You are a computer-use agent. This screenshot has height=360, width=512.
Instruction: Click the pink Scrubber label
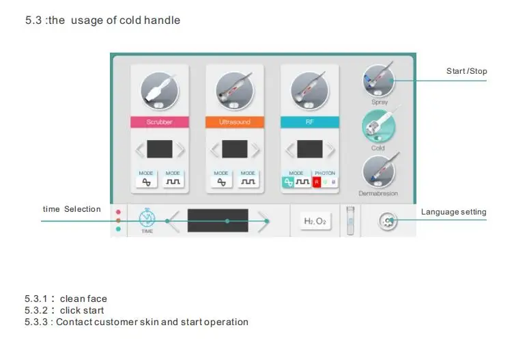[159, 122]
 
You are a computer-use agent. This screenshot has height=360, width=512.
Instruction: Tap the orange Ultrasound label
[234, 122]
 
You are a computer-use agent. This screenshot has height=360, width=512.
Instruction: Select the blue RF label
[309, 122]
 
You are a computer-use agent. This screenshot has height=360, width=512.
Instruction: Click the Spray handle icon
[378, 81]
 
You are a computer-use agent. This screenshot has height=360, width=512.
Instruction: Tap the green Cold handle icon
[378, 126]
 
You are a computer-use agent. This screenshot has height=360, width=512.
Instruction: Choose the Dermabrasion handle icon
[378, 171]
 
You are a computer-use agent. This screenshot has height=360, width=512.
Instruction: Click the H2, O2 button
[315, 221]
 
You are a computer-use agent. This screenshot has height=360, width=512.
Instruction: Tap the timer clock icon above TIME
[147, 218]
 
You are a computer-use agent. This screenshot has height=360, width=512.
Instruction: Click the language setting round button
[388, 221]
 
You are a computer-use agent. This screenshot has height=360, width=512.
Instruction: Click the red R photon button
[316, 182]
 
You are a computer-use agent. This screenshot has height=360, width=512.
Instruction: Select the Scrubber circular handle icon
[159, 91]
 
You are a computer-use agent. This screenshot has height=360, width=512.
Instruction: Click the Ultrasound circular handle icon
[234, 91]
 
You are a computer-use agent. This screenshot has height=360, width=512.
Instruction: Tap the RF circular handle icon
[309, 91]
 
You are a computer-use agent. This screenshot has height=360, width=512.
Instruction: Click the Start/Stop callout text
[466, 71]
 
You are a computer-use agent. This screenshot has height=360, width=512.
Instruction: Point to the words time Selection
[72, 209]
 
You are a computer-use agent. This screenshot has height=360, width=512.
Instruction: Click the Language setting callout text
[453, 212]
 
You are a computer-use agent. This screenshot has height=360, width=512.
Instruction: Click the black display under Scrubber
[160, 149]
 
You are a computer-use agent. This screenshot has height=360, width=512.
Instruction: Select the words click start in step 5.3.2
[82, 310]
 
